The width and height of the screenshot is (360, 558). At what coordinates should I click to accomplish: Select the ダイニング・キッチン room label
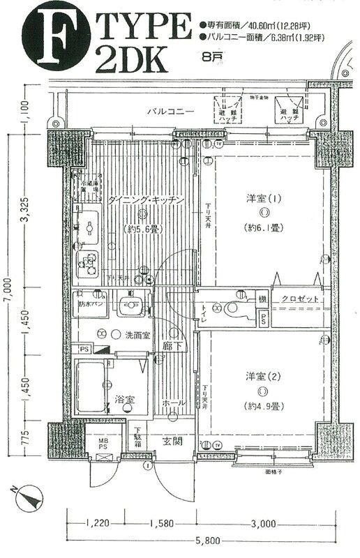pyautogui.click(x=146, y=200)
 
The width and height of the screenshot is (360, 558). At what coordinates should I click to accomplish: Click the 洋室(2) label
pyautogui.click(x=264, y=377)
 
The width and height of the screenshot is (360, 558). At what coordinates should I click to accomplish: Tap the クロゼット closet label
pyautogui.click(x=301, y=299)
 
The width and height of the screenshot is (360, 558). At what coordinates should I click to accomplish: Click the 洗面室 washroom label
pyautogui.click(x=137, y=335)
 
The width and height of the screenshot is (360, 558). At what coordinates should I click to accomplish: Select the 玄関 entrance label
pyautogui.click(x=173, y=440)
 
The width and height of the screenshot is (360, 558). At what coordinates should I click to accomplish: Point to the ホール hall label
pyautogui.click(x=174, y=403)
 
